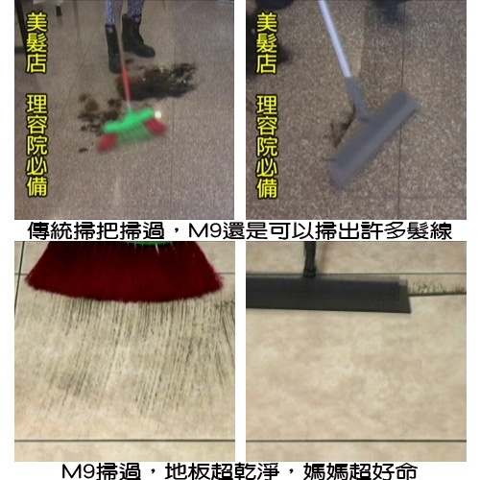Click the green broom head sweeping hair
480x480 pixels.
click(132, 129)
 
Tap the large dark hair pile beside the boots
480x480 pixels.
click(156, 81)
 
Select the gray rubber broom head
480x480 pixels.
click(373, 139)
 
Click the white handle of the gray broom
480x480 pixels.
click(334, 38)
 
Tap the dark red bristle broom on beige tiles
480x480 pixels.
click(124, 272)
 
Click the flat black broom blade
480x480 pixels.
click(328, 294)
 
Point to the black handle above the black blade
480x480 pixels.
click(310, 259)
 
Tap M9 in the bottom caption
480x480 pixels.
click(79, 471)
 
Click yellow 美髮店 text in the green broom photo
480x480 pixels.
click(36, 43)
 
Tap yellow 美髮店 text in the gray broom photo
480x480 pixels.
click(266, 43)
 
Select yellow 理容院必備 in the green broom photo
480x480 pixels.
click(36, 145)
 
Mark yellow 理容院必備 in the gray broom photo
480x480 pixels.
click(267, 146)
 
